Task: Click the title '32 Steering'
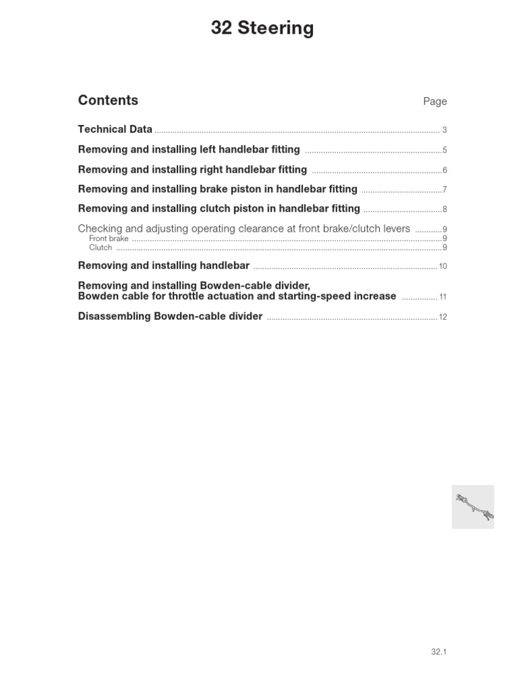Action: pyautogui.click(x=262, y=28)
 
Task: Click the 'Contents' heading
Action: pyautogui.click(x=108, y=100)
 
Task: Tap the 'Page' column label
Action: pyautogui.click(x=435, y=101)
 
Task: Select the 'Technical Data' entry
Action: pyautogui.click(x=115, y=129)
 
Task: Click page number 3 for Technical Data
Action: pyautogui.click(x=445, y=130)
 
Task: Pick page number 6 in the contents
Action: pyautogui.click(x=445, y=171)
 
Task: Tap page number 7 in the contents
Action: pyautogui.click(x=445, y=190)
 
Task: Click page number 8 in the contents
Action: pyautogui.click(x=445, y=210)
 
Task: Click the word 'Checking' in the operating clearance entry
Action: pyautogui.click(x=101, y=228)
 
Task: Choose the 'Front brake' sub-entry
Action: pyautogui.click(x=109, y=239)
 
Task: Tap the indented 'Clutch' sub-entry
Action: pyautogui.click(x=101, y=247)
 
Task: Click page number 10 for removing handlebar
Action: pyautogui.click(x=443, y=267)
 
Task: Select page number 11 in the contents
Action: pyautogui.click(x=443, y=297)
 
